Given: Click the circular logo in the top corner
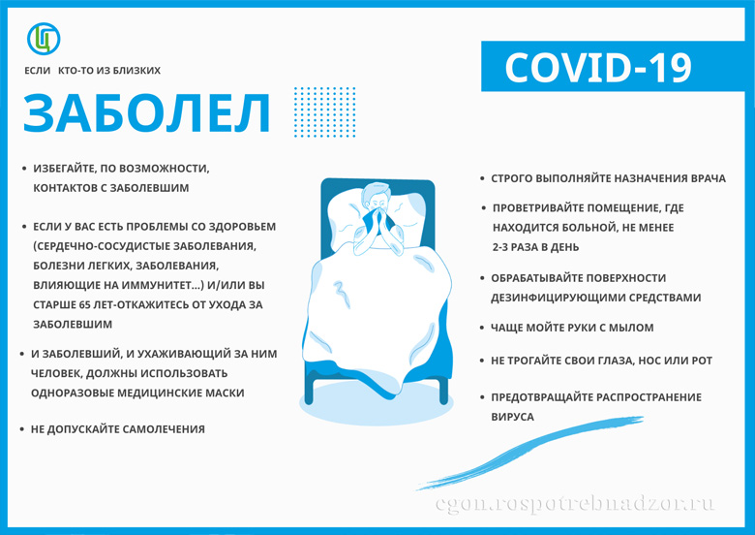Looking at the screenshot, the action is [x=44, y=39].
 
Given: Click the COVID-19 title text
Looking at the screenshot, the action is [x=598, y=67].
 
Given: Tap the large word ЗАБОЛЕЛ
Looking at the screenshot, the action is [x=147, y=112].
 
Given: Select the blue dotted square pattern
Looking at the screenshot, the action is [x=325, y=112].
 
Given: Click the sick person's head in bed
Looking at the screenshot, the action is [x=377, y=196].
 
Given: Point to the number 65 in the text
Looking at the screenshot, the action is [x=78, y=304].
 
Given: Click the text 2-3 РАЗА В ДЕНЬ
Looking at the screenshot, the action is [x=535, y=247].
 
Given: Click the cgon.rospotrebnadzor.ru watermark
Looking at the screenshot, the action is [x=575, y=504].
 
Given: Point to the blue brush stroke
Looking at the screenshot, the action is [x=529, y=451].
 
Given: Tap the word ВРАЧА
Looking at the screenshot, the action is [x=709, y=178].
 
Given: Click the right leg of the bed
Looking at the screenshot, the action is [x=444, y=391].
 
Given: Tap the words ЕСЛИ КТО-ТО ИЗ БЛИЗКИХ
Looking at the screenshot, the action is [x=93, y=71].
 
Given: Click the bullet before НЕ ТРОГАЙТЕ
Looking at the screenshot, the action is [x=482, y=361].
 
